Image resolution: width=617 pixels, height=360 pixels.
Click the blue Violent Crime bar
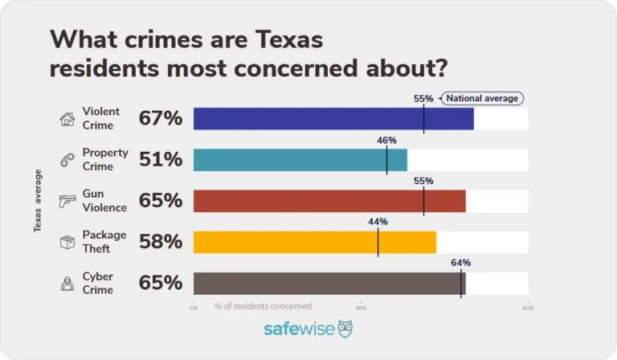click(333, 119)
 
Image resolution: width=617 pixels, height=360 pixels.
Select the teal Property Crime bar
click(300, 160)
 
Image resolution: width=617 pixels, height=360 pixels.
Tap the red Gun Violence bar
click(329, 201)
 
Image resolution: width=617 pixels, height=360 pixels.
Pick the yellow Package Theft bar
click(315, 242)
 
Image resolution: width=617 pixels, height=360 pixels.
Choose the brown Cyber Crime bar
click(329, 283)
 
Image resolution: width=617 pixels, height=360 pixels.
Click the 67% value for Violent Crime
click(161, 119)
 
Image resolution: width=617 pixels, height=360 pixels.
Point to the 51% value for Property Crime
click(161, 160)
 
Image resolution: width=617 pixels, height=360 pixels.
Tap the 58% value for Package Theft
click(161, 242)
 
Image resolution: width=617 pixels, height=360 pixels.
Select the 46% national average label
click(386, 140)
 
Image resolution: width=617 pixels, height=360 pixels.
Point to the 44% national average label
click(378, 221)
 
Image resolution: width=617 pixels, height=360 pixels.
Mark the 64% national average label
click(460, 262)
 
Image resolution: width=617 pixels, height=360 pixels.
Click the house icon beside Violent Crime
click(67, 119)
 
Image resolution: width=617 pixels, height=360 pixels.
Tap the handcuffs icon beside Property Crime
click(67, 160)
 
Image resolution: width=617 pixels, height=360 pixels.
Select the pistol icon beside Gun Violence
click(67, 201)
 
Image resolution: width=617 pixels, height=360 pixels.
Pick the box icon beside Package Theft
click(67, 242)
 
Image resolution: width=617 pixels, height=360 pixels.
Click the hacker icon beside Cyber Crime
click(67, 283)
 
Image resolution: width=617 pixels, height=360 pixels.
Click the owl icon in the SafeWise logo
click(345, 329)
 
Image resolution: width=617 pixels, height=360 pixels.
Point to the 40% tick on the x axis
click(361, 307)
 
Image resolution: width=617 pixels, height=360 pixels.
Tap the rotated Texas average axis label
click(38, 201)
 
